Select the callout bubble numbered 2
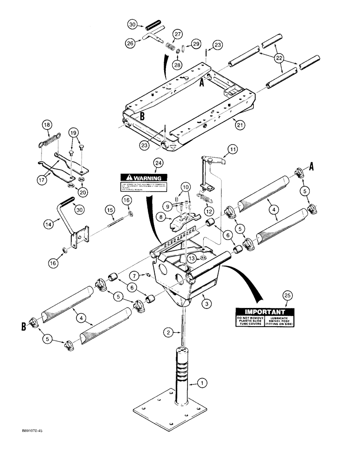168,332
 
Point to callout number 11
232,150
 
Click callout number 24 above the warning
159,163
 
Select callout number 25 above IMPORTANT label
286,295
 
